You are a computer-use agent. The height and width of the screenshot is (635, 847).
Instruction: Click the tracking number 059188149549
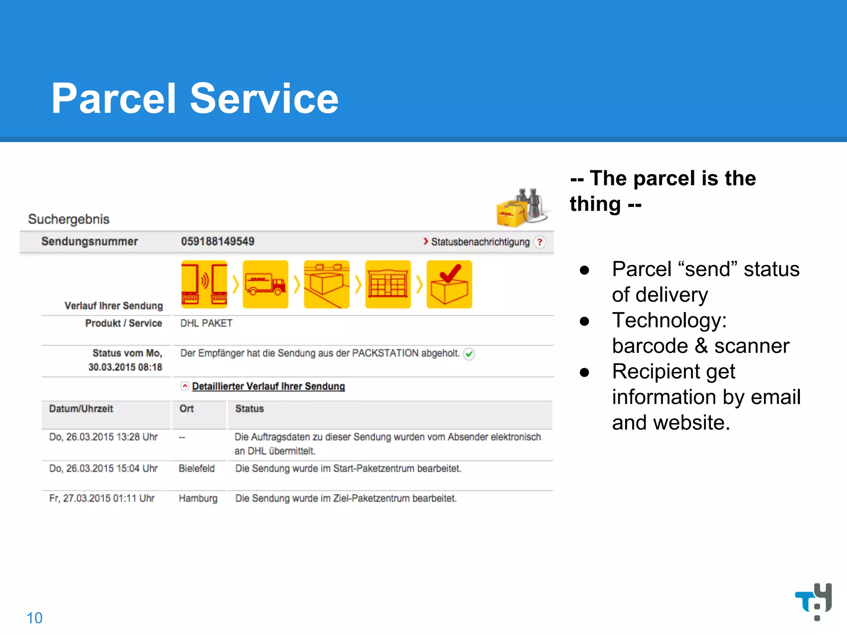(218, 241)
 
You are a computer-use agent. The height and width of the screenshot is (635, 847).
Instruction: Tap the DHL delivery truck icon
(265, 284)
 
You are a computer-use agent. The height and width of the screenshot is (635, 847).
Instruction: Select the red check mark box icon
(449, 284)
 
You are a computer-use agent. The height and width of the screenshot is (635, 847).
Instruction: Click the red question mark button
(539, 242)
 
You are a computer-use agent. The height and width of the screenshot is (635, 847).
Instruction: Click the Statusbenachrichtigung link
(480, 242)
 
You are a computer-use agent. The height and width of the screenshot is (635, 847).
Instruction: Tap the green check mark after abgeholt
(469, 354)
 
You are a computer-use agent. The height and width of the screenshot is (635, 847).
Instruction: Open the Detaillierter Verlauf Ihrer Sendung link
(268, 386)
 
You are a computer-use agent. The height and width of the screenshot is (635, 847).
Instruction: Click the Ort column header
(187, 409)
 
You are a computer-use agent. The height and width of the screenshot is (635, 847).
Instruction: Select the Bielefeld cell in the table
(196, 468)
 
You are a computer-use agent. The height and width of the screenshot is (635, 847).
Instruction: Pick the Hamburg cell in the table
(198, 498)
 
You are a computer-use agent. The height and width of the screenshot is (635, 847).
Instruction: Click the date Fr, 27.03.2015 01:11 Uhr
(102, 498)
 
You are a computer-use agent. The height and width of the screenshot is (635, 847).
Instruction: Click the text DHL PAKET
(206, 323)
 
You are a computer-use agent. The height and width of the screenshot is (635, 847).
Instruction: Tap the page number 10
(34, 618)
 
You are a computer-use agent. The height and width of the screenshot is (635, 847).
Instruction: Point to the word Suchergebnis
(69, 219)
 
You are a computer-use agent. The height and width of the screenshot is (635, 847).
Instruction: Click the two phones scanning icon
(204, 284)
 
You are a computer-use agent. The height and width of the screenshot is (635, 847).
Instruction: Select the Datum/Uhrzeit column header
(81, 409)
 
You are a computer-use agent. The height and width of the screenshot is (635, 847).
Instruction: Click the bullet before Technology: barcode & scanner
(584, 321)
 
